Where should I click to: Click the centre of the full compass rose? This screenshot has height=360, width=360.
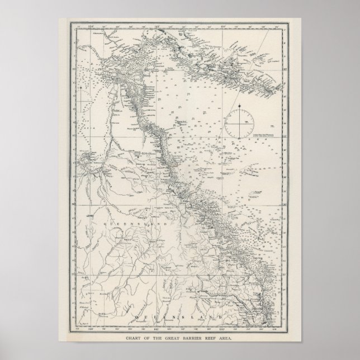coord(241,122)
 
